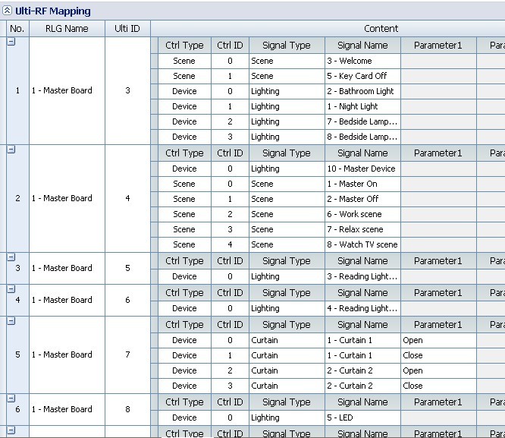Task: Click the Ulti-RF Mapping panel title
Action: [52, 11]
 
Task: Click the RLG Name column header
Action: [67, 29]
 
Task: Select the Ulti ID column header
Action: [127, 29]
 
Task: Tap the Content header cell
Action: [381, 29]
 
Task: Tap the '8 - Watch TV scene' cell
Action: [362, 244]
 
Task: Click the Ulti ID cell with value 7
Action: [127, 354]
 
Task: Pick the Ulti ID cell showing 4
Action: [127, 198]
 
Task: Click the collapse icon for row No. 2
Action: [11, 150]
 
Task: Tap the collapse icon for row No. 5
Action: [11, 321]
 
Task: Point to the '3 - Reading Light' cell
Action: [362, 276]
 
